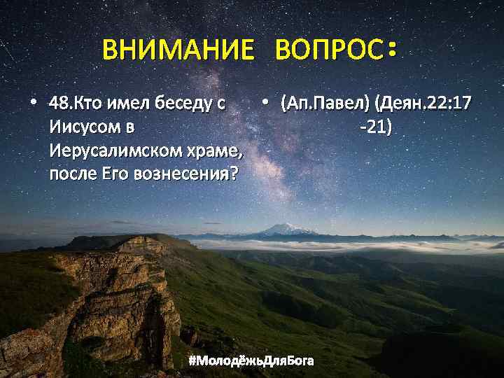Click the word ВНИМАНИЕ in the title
(177, 50)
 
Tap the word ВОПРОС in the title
(329, 50)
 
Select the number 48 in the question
(58, 105)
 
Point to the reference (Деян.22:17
(423, 105)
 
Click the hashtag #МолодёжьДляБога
(251, 360)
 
